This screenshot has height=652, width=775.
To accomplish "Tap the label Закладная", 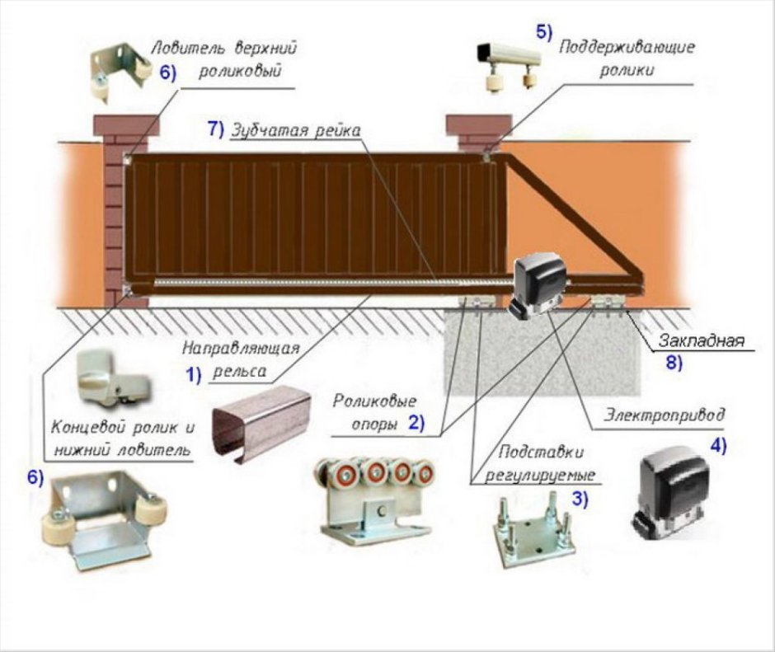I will (x=702, y=340).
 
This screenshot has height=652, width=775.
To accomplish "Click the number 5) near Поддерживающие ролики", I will (x=544, y=31).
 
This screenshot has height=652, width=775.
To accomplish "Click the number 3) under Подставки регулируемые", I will (x=580, y=498).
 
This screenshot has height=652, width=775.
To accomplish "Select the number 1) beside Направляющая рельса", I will (x=194, y=374).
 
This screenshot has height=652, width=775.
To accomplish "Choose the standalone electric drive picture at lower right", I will (x=673, y=491).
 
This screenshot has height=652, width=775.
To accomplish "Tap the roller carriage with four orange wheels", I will (x=374, y=495).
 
